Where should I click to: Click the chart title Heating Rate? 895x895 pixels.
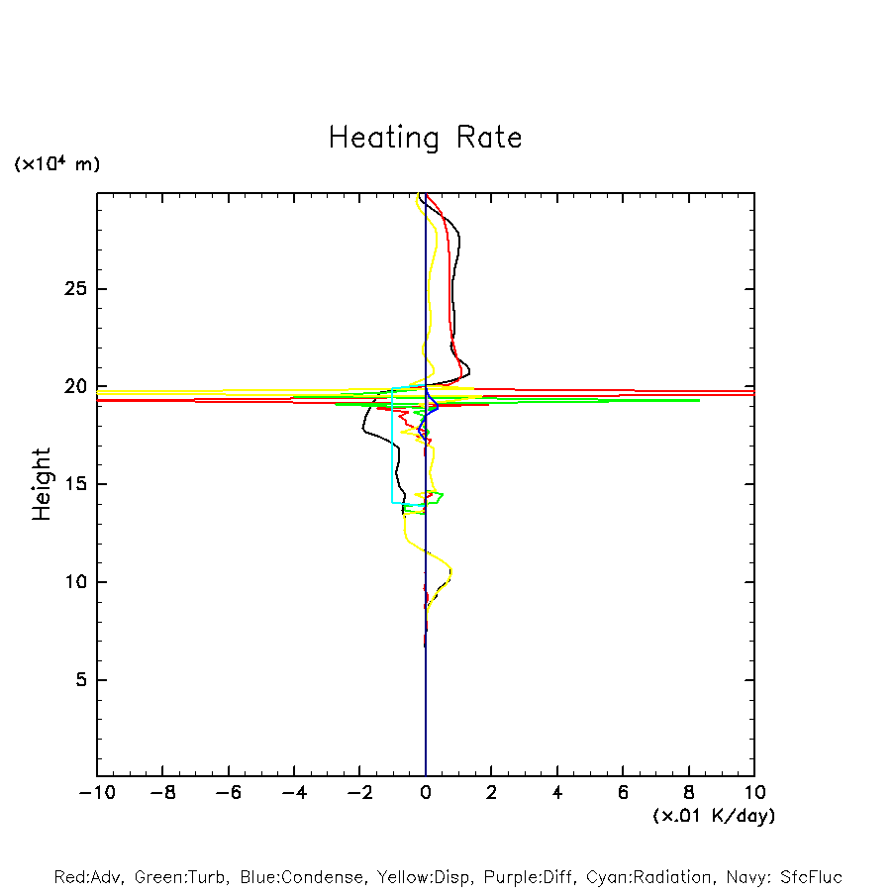point(425,138)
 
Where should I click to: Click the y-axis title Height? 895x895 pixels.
point(42,484)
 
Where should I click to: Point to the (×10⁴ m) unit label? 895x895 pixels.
point(56,164)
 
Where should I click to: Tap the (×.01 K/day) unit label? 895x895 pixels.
point(713,816)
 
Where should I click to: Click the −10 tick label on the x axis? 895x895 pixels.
point(96,793)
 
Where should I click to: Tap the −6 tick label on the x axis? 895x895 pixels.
point(228,793)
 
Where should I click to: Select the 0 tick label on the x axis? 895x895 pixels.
point(426,793)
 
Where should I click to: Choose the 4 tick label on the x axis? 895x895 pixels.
point(557,793)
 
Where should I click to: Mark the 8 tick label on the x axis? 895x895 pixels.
point(689,793)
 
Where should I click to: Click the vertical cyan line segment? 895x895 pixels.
point(392,446)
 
